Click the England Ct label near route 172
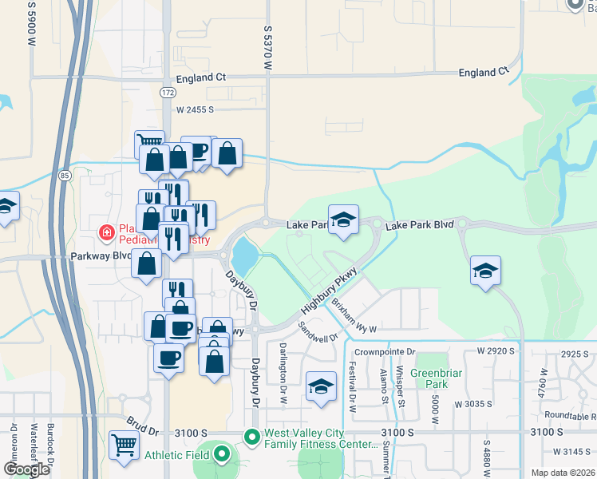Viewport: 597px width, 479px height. [x=200, y=77]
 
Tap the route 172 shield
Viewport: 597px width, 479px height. [x=167, y=93]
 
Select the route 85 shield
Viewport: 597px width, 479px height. [x=64, y=174]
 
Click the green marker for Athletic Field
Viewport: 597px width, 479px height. [x=223, y=455]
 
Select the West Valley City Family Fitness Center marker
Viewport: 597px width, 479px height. [x=252, y=437]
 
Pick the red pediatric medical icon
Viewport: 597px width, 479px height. [x=105, y=233]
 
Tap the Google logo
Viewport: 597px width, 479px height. [x=26, y=469]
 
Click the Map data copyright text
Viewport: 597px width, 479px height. [x=563, y=473]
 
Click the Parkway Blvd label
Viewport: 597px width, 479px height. [x=99, y=256]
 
